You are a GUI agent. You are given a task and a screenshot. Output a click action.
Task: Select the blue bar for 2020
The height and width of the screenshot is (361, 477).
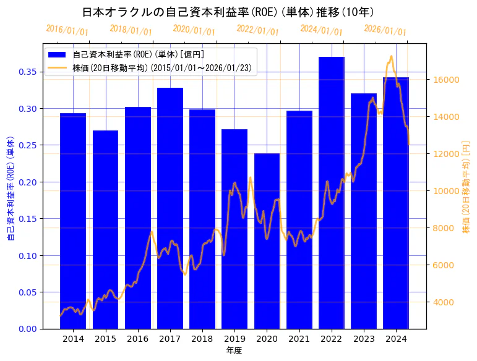click(x=267, y=241)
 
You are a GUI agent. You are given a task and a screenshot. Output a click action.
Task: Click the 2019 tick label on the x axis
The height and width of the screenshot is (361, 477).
click(x=234, y=339)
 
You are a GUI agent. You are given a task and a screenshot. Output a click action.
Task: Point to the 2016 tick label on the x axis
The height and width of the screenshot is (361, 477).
click(x=137, y=339)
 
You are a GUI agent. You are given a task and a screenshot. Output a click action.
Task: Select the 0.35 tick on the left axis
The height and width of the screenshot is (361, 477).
click(x=27, y=72)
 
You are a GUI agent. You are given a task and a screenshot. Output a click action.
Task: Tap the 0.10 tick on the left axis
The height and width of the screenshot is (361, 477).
click(x=27, y=255)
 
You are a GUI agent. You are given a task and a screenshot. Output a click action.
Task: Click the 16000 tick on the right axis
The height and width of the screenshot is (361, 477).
click(x=444, y=80)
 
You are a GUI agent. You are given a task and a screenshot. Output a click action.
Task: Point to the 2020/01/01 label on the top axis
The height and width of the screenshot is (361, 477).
click(x=194, y=30)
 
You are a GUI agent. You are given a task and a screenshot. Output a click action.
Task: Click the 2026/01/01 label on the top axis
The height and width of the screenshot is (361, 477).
click(x=385, y=30)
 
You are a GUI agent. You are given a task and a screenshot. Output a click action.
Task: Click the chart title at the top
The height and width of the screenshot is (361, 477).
click(x=228, y=12)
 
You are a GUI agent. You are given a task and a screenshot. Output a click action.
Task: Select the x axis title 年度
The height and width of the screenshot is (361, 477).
click(x=234, y=350)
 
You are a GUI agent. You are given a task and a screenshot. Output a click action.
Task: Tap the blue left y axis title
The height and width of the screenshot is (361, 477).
click(x=10, y=189)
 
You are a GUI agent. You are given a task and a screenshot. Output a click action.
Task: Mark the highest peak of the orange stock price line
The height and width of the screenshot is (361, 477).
click(x=391, y=56)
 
